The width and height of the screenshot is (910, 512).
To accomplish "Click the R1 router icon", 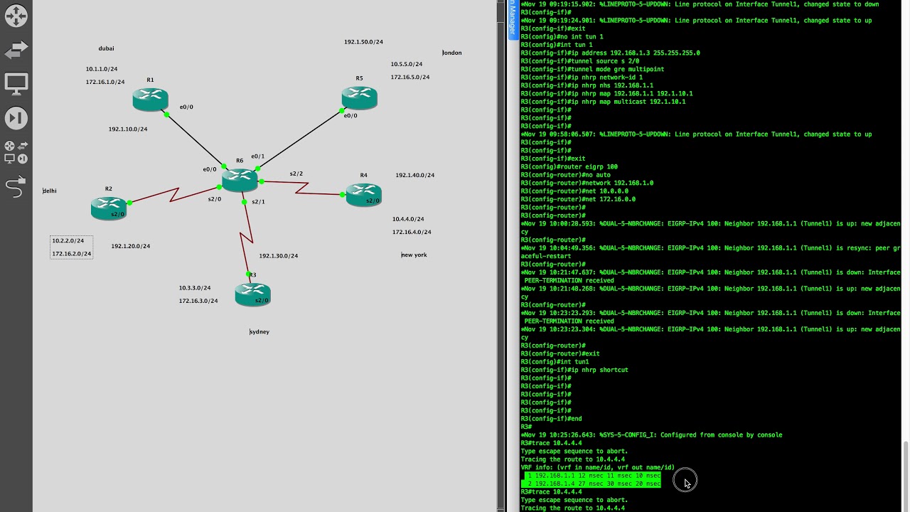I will (150, 100).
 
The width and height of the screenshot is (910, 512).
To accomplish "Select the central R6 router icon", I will (240, 179).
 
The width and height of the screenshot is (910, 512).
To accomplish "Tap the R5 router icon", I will (359, 97).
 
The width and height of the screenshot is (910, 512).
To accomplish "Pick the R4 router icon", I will (363, 194).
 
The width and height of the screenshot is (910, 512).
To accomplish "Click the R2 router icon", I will (109, 208).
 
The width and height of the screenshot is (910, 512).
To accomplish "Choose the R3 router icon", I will (252, 294).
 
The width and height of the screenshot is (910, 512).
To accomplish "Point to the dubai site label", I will (106, 48).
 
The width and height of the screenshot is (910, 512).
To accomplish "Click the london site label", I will (452, 53).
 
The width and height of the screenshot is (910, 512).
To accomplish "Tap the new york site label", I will (414, 255).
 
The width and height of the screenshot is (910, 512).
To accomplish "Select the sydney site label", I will (259, 331).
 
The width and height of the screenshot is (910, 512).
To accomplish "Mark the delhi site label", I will (50, 191).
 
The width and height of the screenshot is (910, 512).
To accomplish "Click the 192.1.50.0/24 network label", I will (363, 42).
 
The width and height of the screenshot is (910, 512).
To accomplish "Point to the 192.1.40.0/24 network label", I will (414, 175).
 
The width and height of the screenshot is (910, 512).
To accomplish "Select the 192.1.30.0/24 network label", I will (278, 256).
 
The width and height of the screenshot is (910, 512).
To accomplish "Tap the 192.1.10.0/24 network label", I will (128, 129).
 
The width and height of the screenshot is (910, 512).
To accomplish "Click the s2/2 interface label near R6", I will (296, 174).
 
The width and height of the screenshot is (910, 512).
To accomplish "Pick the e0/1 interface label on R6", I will (257, 156).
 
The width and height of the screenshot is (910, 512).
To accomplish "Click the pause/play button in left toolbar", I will (16, 118).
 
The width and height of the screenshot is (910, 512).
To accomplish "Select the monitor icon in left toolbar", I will (16, 83).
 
